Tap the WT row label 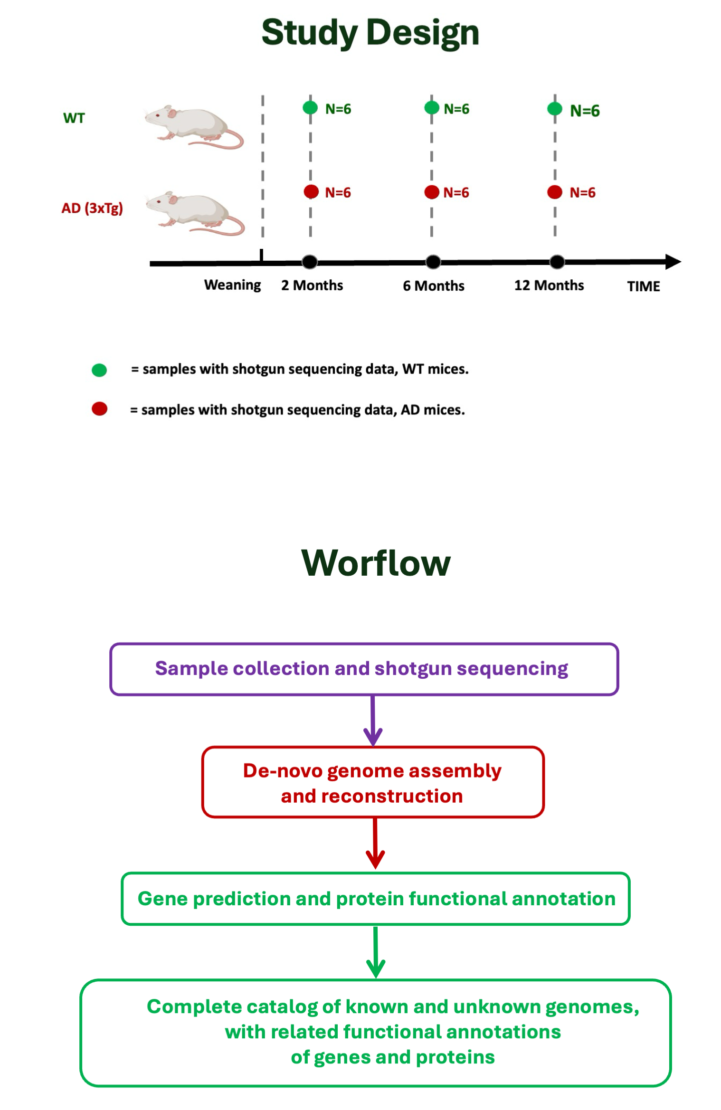(74, 118)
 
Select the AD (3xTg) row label (92, 208)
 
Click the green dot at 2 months (310, 108)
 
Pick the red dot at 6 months (432, 192)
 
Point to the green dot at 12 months (554, 109)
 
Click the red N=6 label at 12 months (582, 192)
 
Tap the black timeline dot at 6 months (433, 262)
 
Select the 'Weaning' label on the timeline (232, 285)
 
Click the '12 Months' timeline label (549, 285)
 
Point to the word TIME (644, 286)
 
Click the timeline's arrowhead (673, 262)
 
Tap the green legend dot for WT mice (99, 370)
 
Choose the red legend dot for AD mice (99, 409)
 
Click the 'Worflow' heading (376, 563)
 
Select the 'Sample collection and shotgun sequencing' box (364, 669)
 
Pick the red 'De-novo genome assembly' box (373, 782)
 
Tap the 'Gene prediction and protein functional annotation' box (376, 899)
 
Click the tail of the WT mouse (223, 141)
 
